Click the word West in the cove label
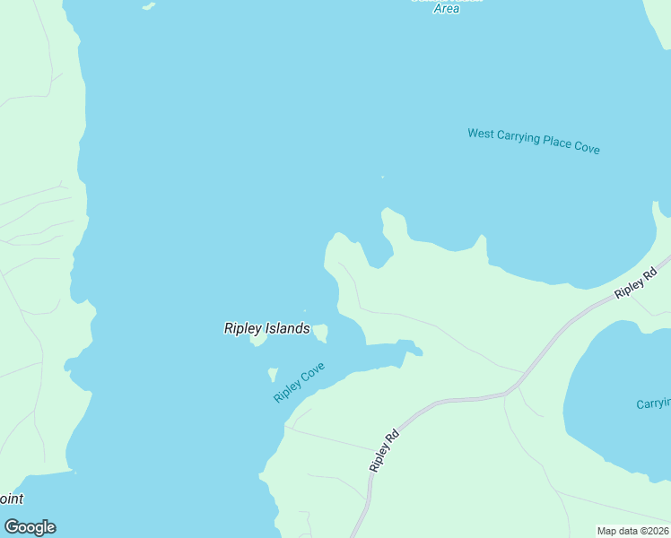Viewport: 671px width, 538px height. pos(481,134)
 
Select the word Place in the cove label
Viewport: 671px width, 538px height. pos(559,143)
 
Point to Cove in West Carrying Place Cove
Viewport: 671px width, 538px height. pos(587,148)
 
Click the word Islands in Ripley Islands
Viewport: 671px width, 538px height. pos(289,329)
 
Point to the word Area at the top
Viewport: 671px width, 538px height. pos(446,8)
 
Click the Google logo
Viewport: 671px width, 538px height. pos(30,527)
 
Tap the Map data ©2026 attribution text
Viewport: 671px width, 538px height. pos(632,531)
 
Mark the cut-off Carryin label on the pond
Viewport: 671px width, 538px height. pos(653,404)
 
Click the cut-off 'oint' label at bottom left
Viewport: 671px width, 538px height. pos(12,499)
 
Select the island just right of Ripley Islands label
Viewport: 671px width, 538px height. pos(320,333)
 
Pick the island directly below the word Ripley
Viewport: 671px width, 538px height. pos(258,341)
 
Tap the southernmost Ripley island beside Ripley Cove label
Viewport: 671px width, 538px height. pos(273,373)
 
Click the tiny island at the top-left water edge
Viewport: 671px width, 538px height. pos(148,6)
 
